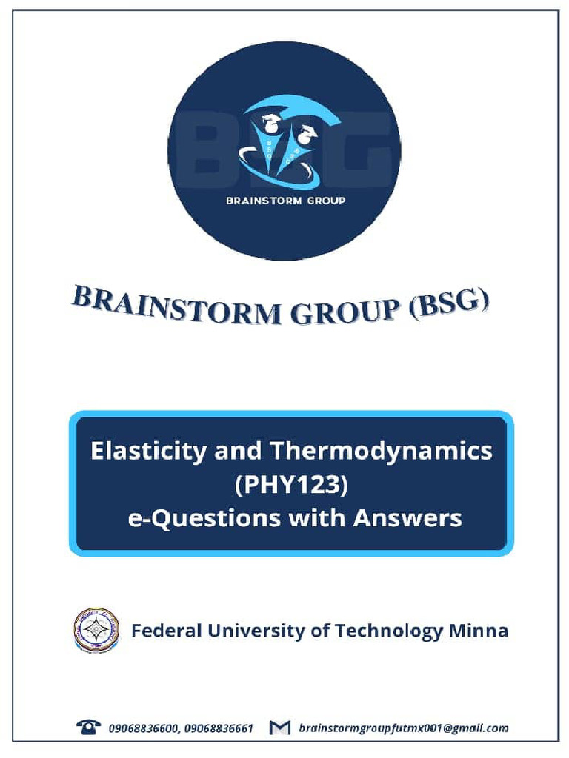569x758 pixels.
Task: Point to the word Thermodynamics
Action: pos(381,451)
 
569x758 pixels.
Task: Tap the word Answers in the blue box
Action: pos(407,518)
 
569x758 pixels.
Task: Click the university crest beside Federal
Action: pos(96,630)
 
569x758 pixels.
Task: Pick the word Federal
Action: pos(166,631)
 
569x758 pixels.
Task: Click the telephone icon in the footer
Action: pos(89,728)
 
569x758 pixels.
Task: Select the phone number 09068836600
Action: pos(141,729)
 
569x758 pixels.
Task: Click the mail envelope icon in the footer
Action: pos(279,729)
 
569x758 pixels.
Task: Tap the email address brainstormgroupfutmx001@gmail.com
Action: pos(403,729)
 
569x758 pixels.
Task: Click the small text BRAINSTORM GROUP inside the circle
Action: pos(285,200)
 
